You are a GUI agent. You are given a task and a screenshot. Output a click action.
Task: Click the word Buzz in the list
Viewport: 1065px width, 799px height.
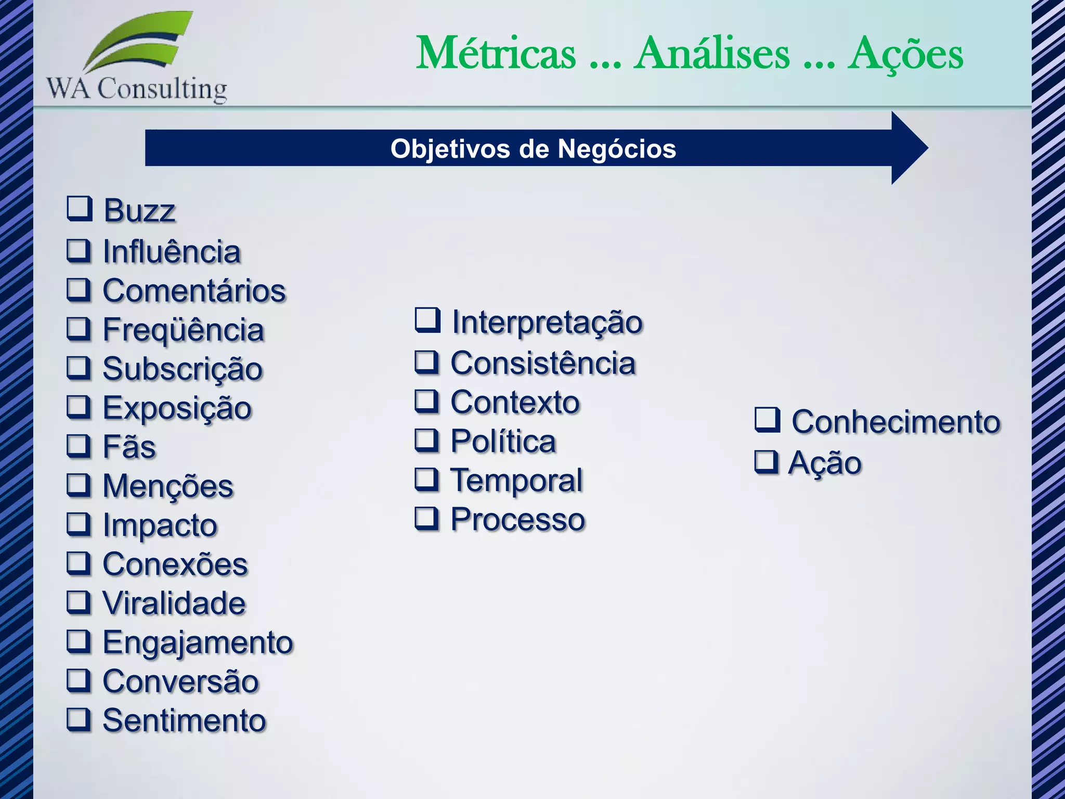click(139, 211)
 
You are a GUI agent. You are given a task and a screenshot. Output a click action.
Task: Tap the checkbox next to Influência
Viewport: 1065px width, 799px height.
click(79, 250)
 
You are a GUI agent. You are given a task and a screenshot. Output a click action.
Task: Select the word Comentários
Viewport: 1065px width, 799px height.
click(194, 290)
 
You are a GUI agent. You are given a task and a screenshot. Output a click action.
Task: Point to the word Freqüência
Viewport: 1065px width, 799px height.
click(183, 330)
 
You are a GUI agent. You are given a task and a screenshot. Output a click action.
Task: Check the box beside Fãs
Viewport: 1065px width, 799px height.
click(79, 446)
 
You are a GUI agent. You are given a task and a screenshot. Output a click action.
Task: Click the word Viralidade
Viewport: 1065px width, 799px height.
click(174, 603)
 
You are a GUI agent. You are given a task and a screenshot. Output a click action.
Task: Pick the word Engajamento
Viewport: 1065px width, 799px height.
click(198, 643)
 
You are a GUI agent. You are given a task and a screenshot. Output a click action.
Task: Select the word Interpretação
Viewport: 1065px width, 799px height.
click(547, 323)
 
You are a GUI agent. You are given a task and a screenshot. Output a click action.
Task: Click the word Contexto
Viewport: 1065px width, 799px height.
click(515, 402)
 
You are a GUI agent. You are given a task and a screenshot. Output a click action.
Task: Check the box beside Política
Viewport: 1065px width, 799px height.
click(427, 440)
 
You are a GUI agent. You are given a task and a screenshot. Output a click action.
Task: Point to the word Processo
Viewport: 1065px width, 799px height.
click(518, 519)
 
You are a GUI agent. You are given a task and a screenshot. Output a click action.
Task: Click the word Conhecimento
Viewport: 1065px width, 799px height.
click(895, 421)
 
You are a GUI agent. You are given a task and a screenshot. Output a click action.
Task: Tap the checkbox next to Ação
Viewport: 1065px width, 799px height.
click(767, 461)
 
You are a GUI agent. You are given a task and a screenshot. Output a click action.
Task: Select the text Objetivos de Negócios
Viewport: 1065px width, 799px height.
click(533, 149)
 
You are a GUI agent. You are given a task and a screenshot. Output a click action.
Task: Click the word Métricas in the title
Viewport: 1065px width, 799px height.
click(496, 53)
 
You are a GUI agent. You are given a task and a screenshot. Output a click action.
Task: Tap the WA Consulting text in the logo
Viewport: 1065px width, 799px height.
click(137, 88)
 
